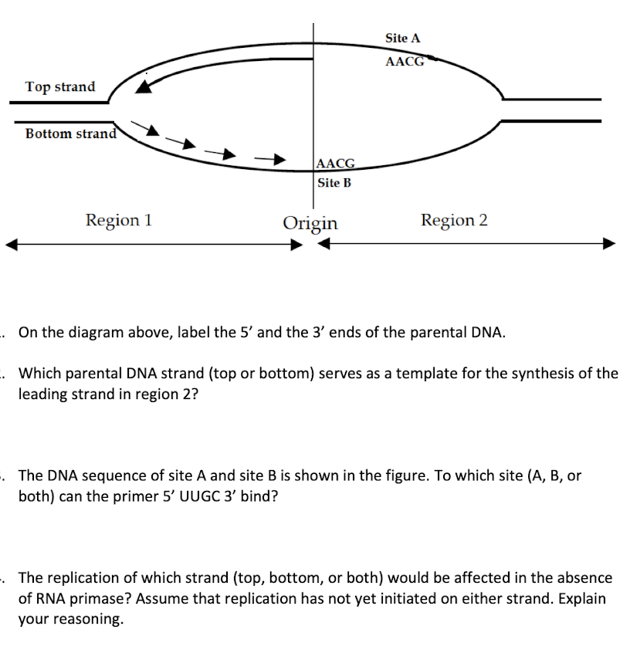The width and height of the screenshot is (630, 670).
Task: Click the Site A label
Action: [x=402, y=38]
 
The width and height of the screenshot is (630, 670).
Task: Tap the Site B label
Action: [x=334, y=183]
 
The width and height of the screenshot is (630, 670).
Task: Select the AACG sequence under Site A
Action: [x=405, y=62]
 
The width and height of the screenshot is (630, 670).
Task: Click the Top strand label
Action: [x=60, y=86]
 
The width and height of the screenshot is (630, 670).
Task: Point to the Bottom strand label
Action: [x=70, y=134]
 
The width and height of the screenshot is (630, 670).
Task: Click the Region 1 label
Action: [x=118, y=220]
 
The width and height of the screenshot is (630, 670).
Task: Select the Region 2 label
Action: [x=454, y=220]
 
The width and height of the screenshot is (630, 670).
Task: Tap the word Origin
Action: [x=310, y=223]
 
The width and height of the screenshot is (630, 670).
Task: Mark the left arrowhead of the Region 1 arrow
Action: [x=11, y=245]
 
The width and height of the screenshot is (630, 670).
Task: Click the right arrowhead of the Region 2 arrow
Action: [x=610, y=244]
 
